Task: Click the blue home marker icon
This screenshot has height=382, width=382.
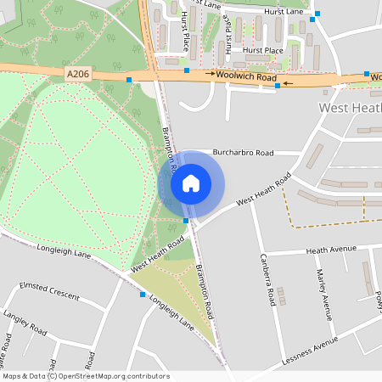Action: (x=191, y=183)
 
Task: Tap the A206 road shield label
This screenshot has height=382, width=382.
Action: (x=76, y=75)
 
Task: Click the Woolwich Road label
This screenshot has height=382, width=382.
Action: (x=246, y=77)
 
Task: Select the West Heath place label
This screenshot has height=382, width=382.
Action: (x=349, y=109)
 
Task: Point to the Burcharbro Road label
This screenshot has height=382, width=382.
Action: (x=243, y=153)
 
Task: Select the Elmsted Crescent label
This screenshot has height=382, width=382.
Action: (x=48, y=291)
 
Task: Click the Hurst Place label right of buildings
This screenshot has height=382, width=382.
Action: (x=262, y=51)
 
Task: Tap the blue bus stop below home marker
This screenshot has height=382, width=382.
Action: (x=186, y=221)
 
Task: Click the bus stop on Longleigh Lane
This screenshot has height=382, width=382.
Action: (x=143, y=295)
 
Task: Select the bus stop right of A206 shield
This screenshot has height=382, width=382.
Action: (x=129, y=79)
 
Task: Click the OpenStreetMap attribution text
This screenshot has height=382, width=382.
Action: (x=86, y=376)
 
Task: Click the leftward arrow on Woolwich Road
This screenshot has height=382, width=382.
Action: (x=289, y=84)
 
